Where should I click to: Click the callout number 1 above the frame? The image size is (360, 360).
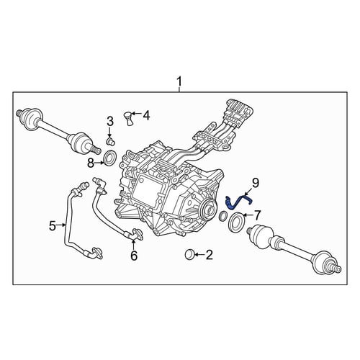pos(179,81)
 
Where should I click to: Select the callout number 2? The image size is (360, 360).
pos(209,255)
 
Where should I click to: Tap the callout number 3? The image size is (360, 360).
pos(110,122)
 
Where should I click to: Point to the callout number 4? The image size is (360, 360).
pos(146,115)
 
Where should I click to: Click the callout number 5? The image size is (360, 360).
pos(53,225)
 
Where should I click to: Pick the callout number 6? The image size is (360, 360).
pos(134,256)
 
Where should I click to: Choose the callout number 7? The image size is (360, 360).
pos(257,215)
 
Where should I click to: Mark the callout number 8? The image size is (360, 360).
pos(91,163)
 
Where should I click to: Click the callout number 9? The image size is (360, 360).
pos(256,183)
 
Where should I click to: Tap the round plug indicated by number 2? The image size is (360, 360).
pos(190,254)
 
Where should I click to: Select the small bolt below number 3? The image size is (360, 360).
pos(110,141)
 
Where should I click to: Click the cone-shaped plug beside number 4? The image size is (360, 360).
pos(130,118)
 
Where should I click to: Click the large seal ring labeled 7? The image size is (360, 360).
pos(236,222)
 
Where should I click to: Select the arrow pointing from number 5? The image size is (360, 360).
pos(60,225)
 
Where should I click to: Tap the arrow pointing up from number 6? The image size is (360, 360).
pos(134,244)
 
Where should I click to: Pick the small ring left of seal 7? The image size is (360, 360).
pos(222,216)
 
